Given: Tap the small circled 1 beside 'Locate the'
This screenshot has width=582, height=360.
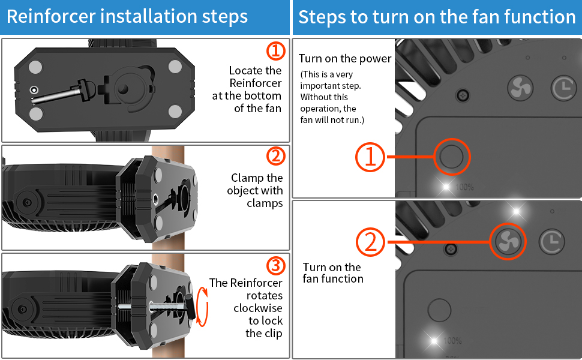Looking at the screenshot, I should point(275,51).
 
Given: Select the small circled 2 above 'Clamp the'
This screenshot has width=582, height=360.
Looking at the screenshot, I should point(275,157).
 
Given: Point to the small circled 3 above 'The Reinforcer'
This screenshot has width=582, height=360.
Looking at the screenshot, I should point(275,265).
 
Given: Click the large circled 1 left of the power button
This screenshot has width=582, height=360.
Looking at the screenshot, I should point(371,157).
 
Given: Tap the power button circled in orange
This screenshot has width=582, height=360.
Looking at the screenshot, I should point(451,157).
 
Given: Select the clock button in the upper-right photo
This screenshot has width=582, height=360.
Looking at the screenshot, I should point(562,88).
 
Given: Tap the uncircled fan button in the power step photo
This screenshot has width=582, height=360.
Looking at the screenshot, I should point(520,88).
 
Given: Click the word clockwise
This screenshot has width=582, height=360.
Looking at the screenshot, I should point(257,308).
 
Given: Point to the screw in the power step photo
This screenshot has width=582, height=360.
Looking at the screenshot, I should point(463,95).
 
